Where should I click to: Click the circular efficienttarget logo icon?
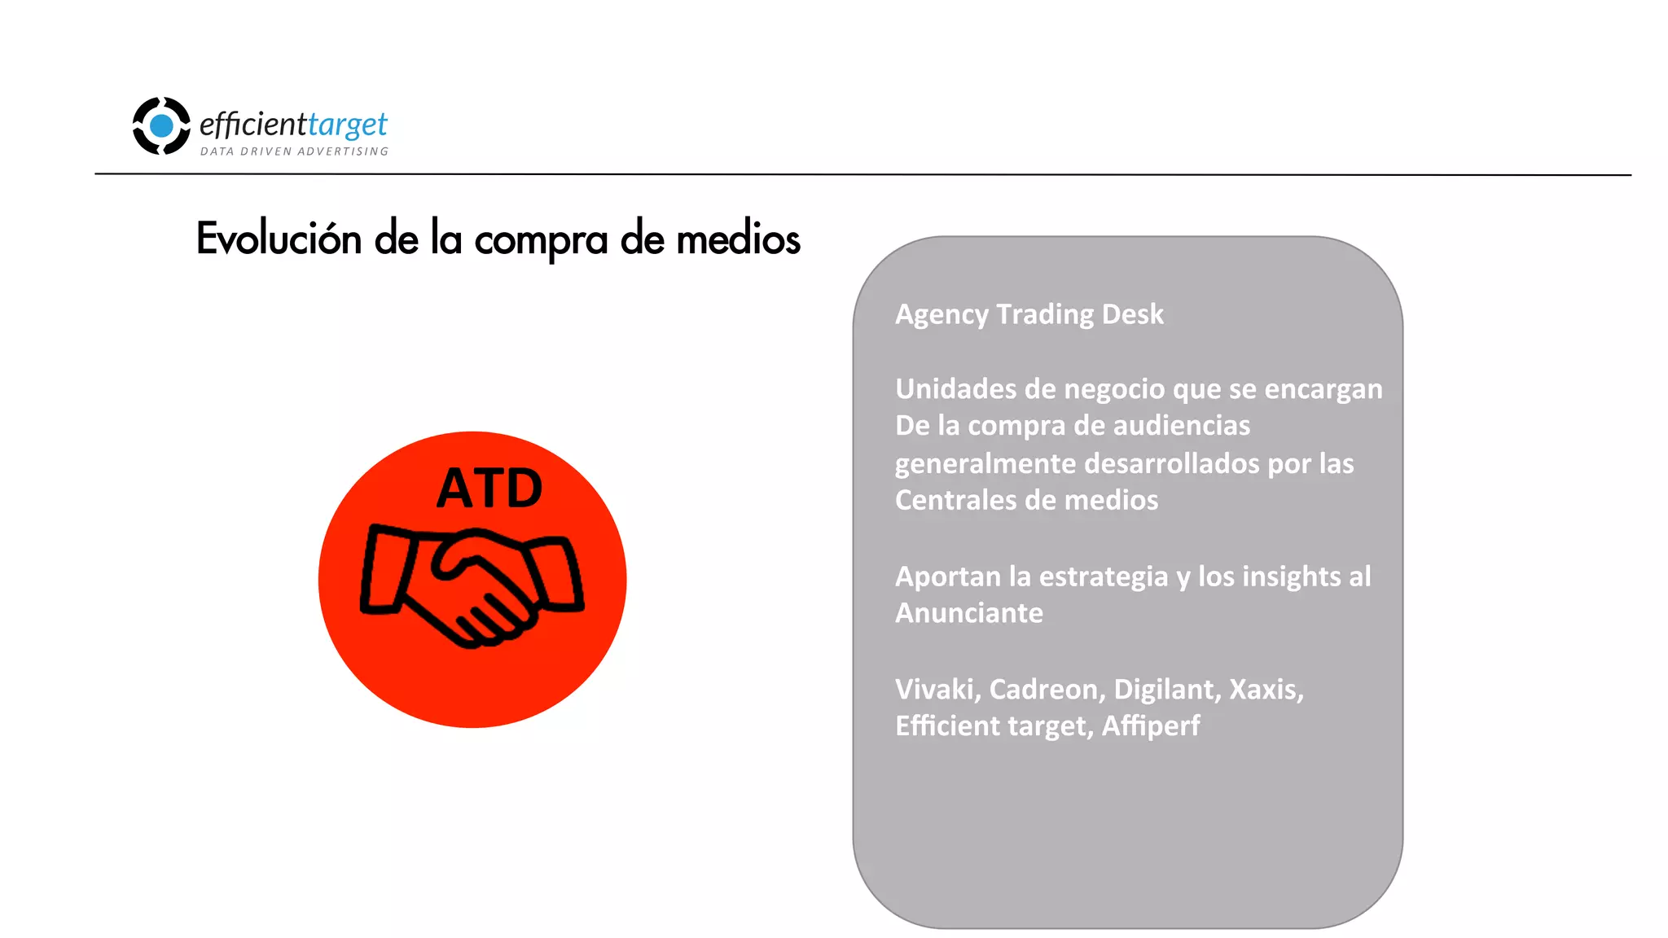point(161,125)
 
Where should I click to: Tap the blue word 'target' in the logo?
point(348,125)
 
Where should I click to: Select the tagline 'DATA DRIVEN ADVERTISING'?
point(294,151)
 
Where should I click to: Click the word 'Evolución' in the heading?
point(279,239)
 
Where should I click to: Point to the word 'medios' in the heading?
point(738,239)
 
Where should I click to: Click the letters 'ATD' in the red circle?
point(489,489)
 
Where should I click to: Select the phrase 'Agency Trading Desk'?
point(1029,314)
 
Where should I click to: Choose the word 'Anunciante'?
point(968,613)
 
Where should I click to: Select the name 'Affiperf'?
point(1150,726)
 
